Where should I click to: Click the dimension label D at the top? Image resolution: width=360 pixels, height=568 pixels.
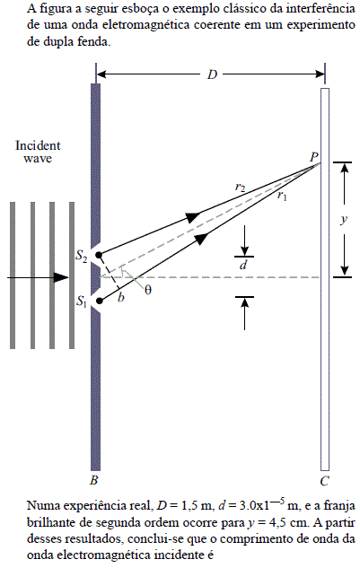pyautogui.click(x=212, y=74)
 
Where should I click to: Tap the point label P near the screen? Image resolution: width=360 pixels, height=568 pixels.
pyautogui.click(x=314, y=157)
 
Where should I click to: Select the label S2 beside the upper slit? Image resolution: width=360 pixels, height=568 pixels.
pyautogui.click(x=81, y=256)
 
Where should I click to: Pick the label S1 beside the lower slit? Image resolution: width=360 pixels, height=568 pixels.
pyautogui.click(x=81, y=301)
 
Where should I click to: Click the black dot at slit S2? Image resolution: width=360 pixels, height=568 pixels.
pyautogui.click(x=100, y=254)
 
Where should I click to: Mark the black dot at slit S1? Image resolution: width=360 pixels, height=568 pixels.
pyautogui.click(x=100, y=301)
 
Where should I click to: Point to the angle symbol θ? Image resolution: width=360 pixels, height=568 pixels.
pyautogui.click(x=148, y=290)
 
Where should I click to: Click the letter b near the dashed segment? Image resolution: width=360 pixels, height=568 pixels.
pyautogui.click(x=121, y=297)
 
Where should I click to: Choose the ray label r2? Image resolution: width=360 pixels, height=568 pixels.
pyautogui.click(x=240, y=188)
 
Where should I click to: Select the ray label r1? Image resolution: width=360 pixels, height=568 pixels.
pyautogui.click(x=282, y=196)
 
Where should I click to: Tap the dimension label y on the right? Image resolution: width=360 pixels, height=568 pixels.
pyautogui.click(x=344, y=219)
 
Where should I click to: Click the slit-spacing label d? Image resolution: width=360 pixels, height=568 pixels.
pyautogui.click(x=243, y=266)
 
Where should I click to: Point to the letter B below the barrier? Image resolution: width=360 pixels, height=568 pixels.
pyautogui.click(x=94, y=480)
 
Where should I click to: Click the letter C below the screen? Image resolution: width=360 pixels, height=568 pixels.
pyautogui.click(x=324, y=481)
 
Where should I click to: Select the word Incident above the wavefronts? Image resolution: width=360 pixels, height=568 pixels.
pyautogui.click(x=38, y=145)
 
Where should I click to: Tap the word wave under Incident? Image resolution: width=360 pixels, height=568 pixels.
pyautogui.click(x=38, y=158)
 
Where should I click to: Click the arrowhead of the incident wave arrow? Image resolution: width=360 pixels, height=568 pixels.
pyautogui.click(x=61, y=278)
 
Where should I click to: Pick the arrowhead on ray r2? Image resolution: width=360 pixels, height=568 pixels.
pyautogui.click(x=193, y=216)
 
